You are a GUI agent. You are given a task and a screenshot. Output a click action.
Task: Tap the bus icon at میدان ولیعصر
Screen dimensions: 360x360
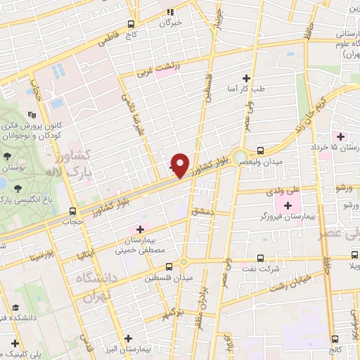tap(261, 150)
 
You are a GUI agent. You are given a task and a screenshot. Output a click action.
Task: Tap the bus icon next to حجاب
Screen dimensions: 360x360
tap(73, 210)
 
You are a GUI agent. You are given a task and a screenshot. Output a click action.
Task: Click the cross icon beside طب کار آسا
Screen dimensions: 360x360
tap(246, 79)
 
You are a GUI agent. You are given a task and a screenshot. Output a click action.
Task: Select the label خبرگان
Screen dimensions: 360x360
tap(170, 22)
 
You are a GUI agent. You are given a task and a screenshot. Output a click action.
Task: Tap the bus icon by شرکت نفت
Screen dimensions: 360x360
tap(261, 258)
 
